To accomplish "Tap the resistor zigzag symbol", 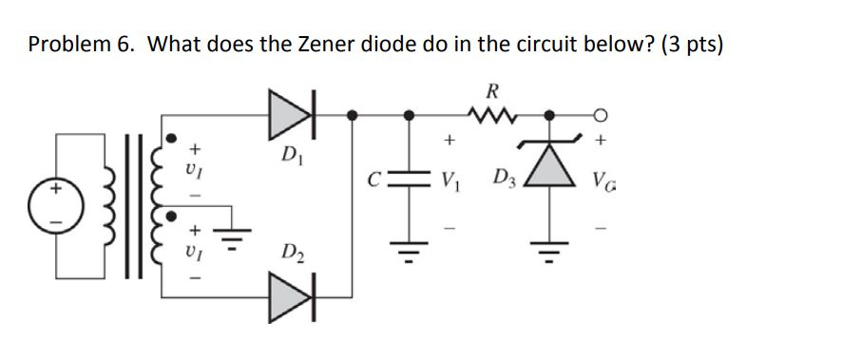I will click(x=491, y=116).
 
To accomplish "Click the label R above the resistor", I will click(x=491, y=92).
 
